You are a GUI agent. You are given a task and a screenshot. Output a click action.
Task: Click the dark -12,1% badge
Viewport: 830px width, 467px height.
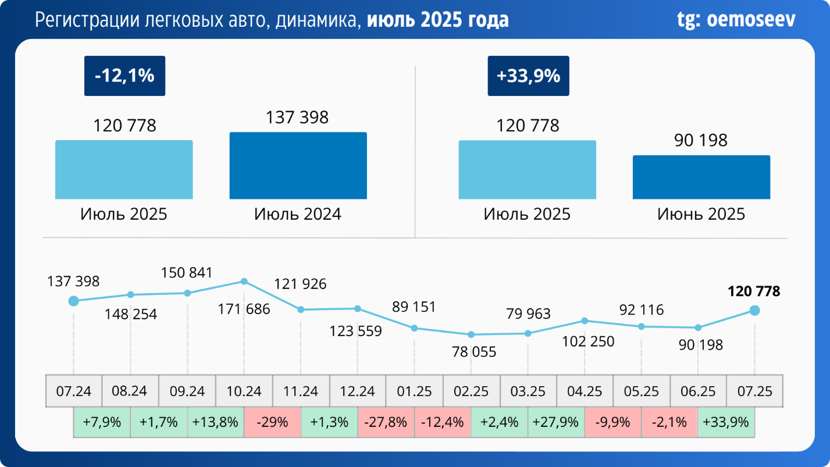[x=124, y=76]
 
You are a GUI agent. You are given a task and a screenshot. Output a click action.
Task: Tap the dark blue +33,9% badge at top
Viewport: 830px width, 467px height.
[x=528, y=76]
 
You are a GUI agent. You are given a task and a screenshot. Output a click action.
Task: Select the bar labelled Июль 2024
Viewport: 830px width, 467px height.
[x=298, y=166]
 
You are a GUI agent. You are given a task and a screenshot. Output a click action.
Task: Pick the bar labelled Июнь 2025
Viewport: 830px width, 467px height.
[x=701, y=177]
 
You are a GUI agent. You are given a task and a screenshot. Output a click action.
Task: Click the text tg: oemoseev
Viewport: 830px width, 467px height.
[x=736, y=20]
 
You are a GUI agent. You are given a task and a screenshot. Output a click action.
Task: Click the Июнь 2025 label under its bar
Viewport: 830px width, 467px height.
[x=701, y=214]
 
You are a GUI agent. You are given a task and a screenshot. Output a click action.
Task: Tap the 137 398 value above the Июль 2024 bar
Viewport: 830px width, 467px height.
[x=297, y=117]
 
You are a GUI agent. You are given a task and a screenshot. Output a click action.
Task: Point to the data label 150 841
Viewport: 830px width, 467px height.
[x=187, y=273]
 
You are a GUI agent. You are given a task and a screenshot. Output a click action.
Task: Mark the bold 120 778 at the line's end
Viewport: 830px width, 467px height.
[x=754, y=291]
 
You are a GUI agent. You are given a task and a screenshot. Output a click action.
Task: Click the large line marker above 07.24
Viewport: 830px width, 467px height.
[x=73, y=301]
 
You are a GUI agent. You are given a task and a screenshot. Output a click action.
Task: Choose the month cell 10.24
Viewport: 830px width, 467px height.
[x=244, y=391]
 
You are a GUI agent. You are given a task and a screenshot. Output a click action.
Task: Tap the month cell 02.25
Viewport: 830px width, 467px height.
[x=471, y=391]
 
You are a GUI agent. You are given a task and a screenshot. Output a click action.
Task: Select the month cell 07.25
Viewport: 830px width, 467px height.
[x=754, y=391]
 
